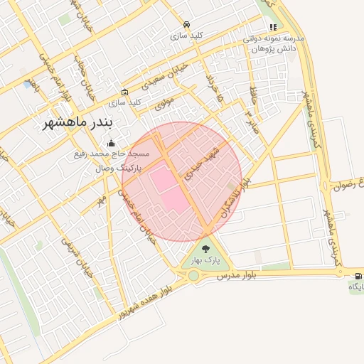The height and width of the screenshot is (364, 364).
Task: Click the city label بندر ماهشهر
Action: coord(73,122)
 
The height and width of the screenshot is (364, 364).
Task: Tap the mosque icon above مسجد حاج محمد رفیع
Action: coord(109,143)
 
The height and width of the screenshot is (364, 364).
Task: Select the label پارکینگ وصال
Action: coord(118,169)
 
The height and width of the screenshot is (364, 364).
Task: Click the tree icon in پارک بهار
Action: coord(206,249)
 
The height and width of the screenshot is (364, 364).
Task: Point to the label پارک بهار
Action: coord(206,260)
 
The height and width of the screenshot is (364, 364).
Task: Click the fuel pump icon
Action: coord(357,275)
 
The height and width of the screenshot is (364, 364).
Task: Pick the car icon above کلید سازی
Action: coord(186,23)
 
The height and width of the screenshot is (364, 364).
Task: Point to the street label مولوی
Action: coord(164,94)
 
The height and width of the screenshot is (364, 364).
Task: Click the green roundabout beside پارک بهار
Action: coord(193,275)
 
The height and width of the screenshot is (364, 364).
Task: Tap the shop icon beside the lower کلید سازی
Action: coord(124,92)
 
